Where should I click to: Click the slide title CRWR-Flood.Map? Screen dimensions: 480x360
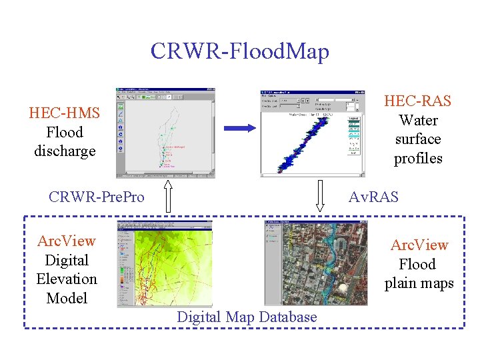tap(239, 51)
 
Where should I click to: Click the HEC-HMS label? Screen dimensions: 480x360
tap(65, 113)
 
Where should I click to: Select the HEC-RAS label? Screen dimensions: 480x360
tap(418, 101)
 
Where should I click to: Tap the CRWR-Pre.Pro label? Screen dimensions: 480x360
tap(97, 197)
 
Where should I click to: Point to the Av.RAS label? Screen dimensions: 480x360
tap(374, 197)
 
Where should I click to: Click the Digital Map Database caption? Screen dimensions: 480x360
tap(247, 317)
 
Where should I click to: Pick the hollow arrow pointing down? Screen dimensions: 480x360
tap(321, 197)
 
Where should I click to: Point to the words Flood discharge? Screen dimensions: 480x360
tap(65, 142)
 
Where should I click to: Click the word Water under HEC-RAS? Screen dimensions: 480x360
tap(418, 121)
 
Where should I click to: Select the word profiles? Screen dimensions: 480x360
tap(418, 159)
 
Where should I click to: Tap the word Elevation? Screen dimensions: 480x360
tap(67, 279)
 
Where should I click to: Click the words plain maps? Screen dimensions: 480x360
tap(419, 283)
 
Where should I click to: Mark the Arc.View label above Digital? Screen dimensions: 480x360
tap(67, 241)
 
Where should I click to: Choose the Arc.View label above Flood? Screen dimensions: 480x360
tap(419, 245)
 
